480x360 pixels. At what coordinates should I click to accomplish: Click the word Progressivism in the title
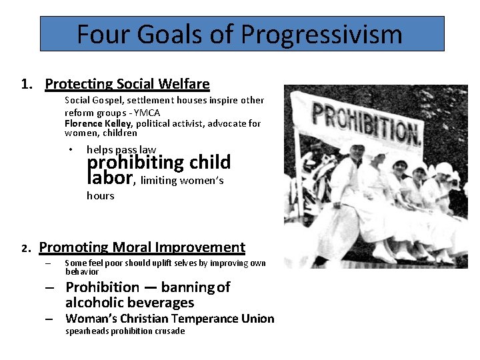click(x=323, y=34)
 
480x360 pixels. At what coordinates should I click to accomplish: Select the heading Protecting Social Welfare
click(x=127, y=84)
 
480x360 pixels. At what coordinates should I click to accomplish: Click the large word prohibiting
click(x=135, y=162)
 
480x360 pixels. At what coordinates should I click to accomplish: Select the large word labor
click(x=112, y=178)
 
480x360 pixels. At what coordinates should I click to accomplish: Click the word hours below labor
click(x=101, y=195)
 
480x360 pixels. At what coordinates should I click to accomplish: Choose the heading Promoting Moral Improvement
click(x=142, y=247)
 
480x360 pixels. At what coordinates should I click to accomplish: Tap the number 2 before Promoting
click(x=24, y=248)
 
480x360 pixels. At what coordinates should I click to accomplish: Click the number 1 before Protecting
click(x=25, y=85)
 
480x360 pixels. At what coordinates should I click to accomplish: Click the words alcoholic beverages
click(x=129, y=303)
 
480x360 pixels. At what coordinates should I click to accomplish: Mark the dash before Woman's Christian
click(x=49, y=319)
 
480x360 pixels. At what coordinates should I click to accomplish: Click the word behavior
click(x=82, y=272)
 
